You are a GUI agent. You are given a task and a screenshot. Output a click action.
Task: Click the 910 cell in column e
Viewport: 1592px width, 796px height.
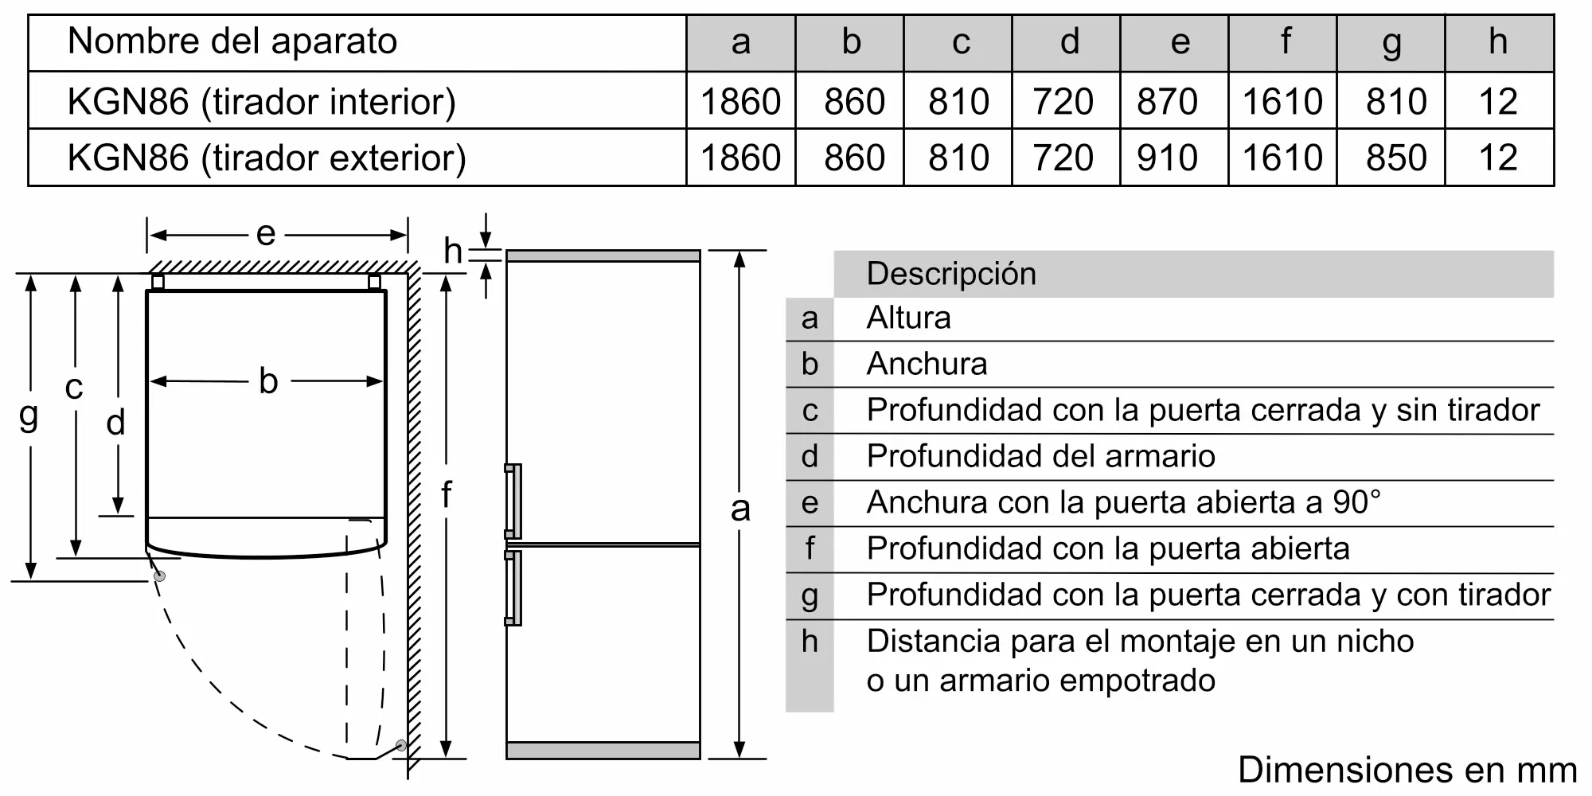pos(1167,158)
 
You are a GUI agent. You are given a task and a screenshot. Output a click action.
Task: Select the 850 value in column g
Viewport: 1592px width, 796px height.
pos(1396,158)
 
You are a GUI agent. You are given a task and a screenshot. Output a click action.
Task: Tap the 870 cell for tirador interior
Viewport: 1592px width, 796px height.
pos(1167,102)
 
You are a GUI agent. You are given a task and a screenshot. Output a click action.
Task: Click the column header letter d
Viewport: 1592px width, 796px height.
pos(1070,42)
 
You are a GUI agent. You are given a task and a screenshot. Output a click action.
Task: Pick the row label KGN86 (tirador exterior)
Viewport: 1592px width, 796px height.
pos(267,158)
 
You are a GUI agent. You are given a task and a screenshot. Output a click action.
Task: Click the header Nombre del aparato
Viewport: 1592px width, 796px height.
pos(232,41)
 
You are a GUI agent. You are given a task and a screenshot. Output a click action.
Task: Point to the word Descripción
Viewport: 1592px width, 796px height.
pos(951,274)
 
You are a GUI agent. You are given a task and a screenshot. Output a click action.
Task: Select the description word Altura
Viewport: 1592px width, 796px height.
pos(908,318)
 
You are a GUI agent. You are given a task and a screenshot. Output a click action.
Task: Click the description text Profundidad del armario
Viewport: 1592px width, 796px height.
pos(1040,456)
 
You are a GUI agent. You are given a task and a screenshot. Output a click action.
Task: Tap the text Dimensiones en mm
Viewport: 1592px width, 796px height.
pos(1407,770)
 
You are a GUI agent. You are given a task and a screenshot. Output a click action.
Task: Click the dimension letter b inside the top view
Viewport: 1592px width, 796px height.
pos(268,381)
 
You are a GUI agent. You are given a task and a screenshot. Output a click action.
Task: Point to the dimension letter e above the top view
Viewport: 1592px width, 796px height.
pos(266,234)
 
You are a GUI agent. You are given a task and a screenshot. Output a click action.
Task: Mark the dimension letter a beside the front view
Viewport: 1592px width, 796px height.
pos(740,508)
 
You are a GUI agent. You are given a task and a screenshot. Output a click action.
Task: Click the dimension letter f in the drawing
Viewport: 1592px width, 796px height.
pos(446,495)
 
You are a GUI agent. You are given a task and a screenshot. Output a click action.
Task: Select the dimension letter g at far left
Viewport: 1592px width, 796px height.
pos(29,415)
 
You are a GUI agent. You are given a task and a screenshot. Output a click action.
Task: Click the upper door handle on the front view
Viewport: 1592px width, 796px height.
pos(514,501)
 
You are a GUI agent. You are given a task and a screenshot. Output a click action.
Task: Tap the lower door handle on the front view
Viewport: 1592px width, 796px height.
pos(514,587)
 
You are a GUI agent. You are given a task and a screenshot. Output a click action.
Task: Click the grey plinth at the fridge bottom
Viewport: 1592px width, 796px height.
pos(603,750)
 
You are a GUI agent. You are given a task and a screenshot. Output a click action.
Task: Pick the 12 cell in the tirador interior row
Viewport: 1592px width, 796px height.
pos(1498,102)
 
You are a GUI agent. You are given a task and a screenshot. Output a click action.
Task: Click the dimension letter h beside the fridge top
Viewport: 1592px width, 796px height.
pos(453,252)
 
